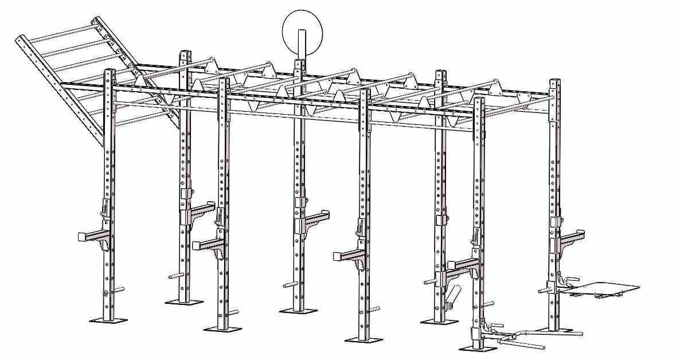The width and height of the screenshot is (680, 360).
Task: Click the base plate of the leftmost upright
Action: point(108,319)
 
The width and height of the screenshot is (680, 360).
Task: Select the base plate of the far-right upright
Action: point(556,330)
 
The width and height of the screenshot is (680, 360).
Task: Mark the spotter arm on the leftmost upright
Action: point(92,237)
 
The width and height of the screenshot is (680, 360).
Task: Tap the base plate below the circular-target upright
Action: point(298,310)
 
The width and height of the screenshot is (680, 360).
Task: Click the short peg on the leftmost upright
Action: point(119,289)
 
